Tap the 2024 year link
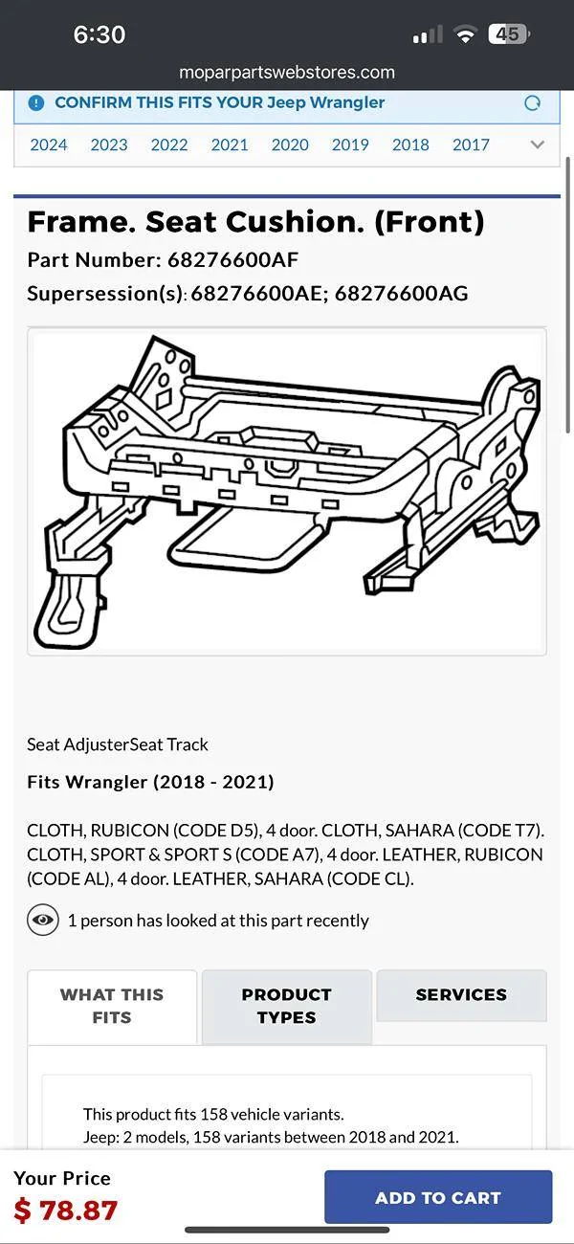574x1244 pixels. click(x=48, y=144)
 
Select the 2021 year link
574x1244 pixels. click(x=230, y=144)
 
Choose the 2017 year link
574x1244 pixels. click(x=471, y=144)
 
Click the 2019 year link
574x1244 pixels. click(x=350, y=144)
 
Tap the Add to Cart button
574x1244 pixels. click(x=438, y=1197)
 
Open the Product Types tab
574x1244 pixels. click(x=286, y=1007)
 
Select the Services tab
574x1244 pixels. click(x=461, y=994)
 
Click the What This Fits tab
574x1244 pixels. click(x=112, y=1007)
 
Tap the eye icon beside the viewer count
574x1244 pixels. click(x=43, y=921)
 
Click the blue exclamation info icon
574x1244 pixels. click(x=36, y=102)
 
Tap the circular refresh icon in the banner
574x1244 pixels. click(x=532, y=102)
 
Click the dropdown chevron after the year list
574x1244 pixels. click(x=538, y=144)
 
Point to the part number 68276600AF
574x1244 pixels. click(x=233, y=259)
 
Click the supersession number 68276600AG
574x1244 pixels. click(x=402, y=293)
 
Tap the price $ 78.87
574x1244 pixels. click(x=65, y=1211)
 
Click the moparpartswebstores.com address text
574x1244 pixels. click(x=287, y=72)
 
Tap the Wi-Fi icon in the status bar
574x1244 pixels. click(x=465, y=34)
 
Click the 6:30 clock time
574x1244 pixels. click(x=99, y=34)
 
